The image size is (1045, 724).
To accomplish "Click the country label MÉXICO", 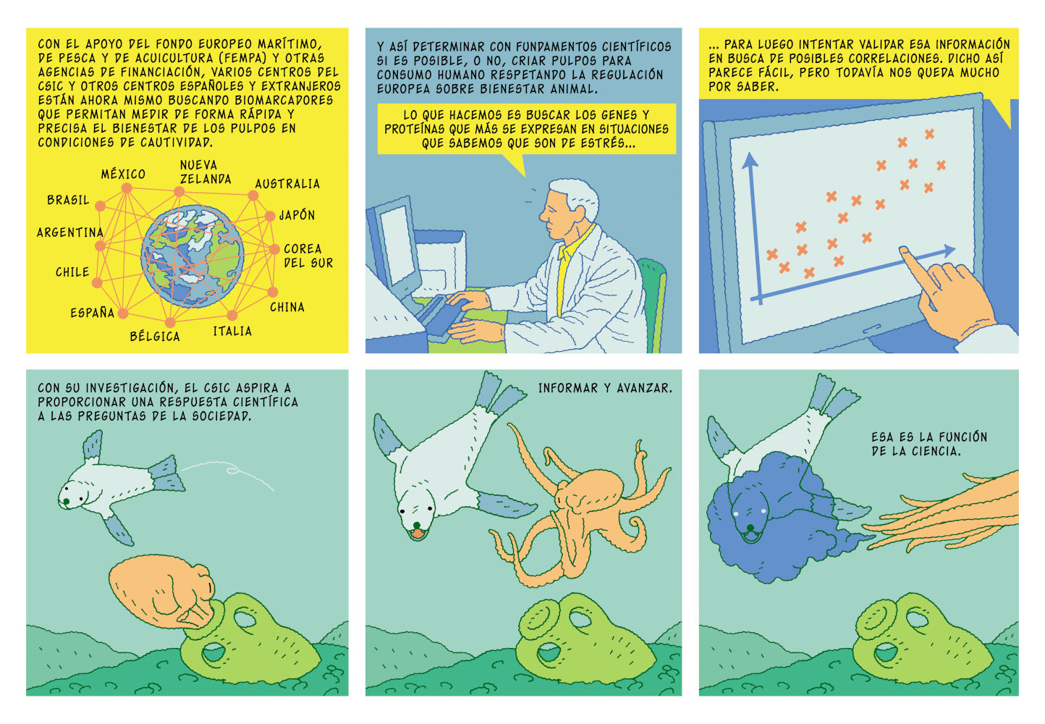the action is (123, 174).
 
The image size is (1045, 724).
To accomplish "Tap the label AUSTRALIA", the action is (287, 184).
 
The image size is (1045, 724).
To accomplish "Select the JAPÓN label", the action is (297, 215).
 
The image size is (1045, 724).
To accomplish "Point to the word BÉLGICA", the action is (155, 336).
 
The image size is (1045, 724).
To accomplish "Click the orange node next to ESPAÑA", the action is (123, 313).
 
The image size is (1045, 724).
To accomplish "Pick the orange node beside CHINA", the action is (273, 292).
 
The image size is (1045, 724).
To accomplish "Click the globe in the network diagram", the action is (192, 256).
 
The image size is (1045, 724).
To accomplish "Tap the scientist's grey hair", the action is (577, 196).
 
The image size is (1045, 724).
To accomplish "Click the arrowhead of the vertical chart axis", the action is (750, 159).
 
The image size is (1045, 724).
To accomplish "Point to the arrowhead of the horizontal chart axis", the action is (949, 251).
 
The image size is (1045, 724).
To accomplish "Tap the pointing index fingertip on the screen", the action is (904, 251).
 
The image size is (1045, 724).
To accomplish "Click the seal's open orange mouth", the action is (418, 533).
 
